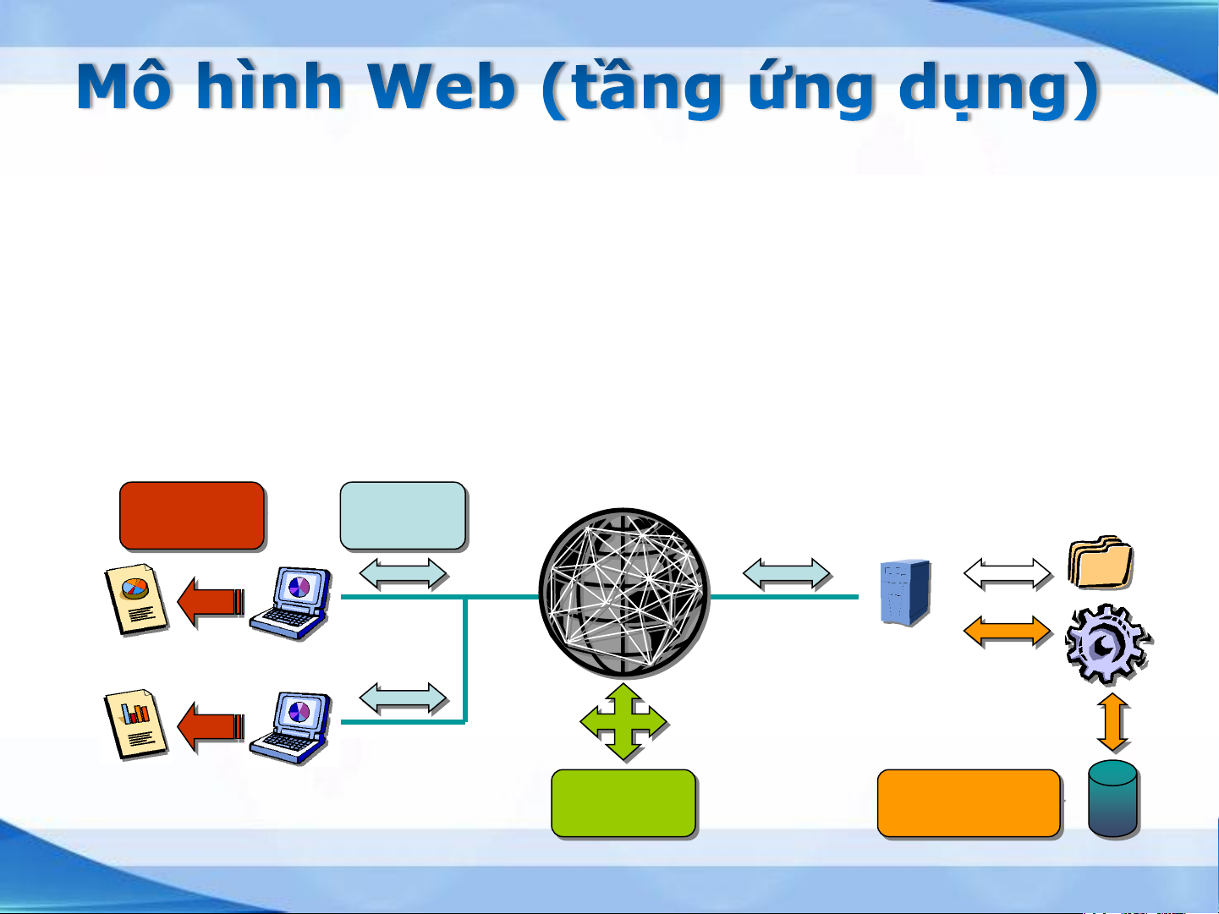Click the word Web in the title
click(x=442, y=86)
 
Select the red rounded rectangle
click(x=192, y=516)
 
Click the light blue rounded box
click(x=404, y=516)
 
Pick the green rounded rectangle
click(x=623, y=803)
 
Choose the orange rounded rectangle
click(x=969, y=803)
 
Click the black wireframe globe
click(x=624, y=593)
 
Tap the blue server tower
click(x=905, y=592)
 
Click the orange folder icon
click(x=1101, y=561)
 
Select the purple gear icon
click(x=1108, y=643)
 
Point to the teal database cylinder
click(x=1113, y=798)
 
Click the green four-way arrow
click(x=623, y=721)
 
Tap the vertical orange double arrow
click(x=1113, y=723)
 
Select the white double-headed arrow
click(x=1008, y=574)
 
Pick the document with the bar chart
click(x=136, y=724)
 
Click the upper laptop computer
click(x=290, y=603)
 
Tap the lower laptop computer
click(x=290, y=727)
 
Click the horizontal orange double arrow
click(x=1008, y=632)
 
